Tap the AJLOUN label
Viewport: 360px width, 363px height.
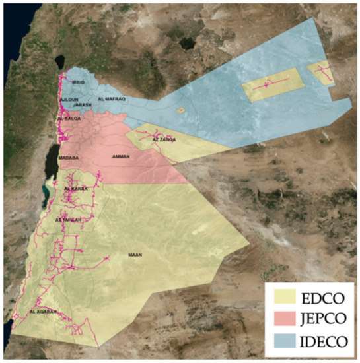69,99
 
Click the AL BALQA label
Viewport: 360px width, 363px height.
69,118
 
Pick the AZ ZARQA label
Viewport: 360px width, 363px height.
164,139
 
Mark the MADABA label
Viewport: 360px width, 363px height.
69,158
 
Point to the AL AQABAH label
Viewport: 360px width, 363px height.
44,310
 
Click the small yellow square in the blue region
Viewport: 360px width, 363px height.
180,111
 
